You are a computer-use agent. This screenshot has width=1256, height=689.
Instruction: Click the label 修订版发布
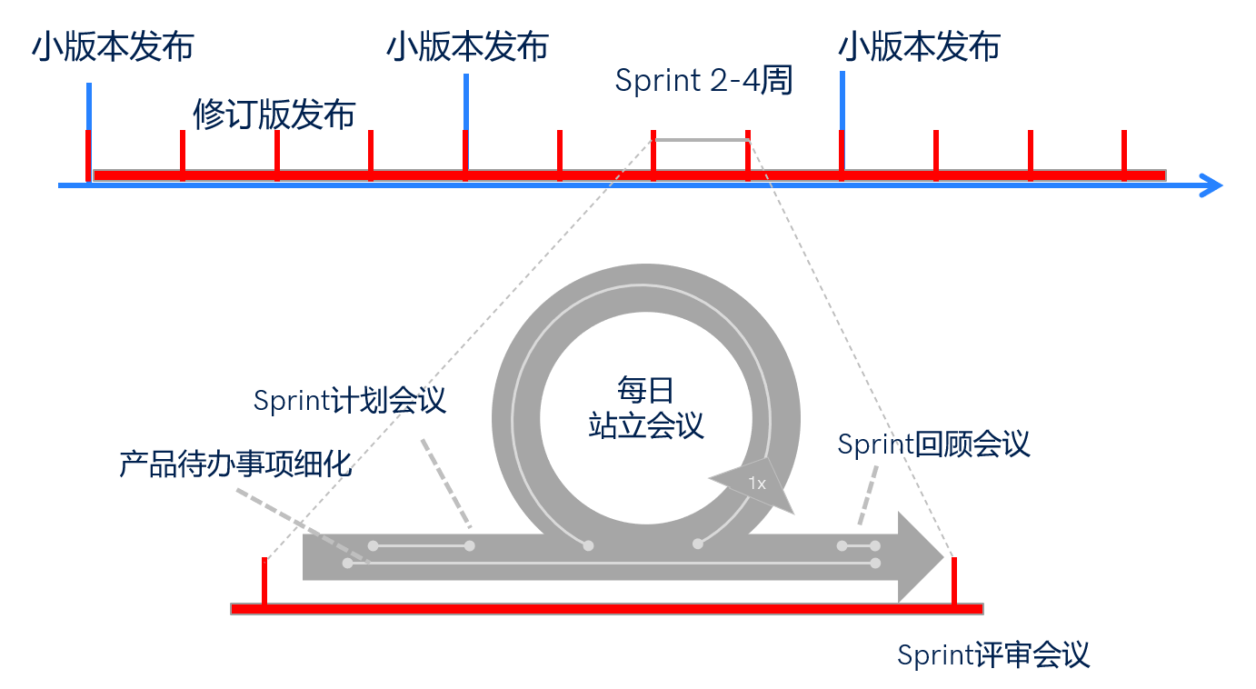pos(274,115)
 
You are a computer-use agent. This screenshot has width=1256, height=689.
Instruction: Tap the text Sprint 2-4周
pos(704,80)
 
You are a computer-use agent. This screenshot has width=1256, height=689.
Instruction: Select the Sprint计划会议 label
pos(350,400)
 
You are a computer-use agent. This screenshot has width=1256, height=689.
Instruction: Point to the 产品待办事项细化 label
pos(234,464)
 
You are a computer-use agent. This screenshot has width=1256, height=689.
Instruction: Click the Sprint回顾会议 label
pos(933,444)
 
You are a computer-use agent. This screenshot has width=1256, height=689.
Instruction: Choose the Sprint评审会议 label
pos(992,654)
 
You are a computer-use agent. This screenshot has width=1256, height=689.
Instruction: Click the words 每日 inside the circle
pos(646,391)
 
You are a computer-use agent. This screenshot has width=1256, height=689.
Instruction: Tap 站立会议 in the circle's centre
pos(646,425)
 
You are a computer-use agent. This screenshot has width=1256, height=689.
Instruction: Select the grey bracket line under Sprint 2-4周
pos(701,140)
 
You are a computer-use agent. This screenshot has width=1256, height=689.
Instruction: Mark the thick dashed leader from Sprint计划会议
pos(446,483)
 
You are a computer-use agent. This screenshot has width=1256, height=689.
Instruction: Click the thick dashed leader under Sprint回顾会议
pos(869,495)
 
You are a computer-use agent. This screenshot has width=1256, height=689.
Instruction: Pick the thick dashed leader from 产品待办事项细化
pos(291,521)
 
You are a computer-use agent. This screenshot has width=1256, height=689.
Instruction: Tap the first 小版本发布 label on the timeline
pos(113,46)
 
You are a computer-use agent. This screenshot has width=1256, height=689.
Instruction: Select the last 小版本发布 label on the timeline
pos(919,46)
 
